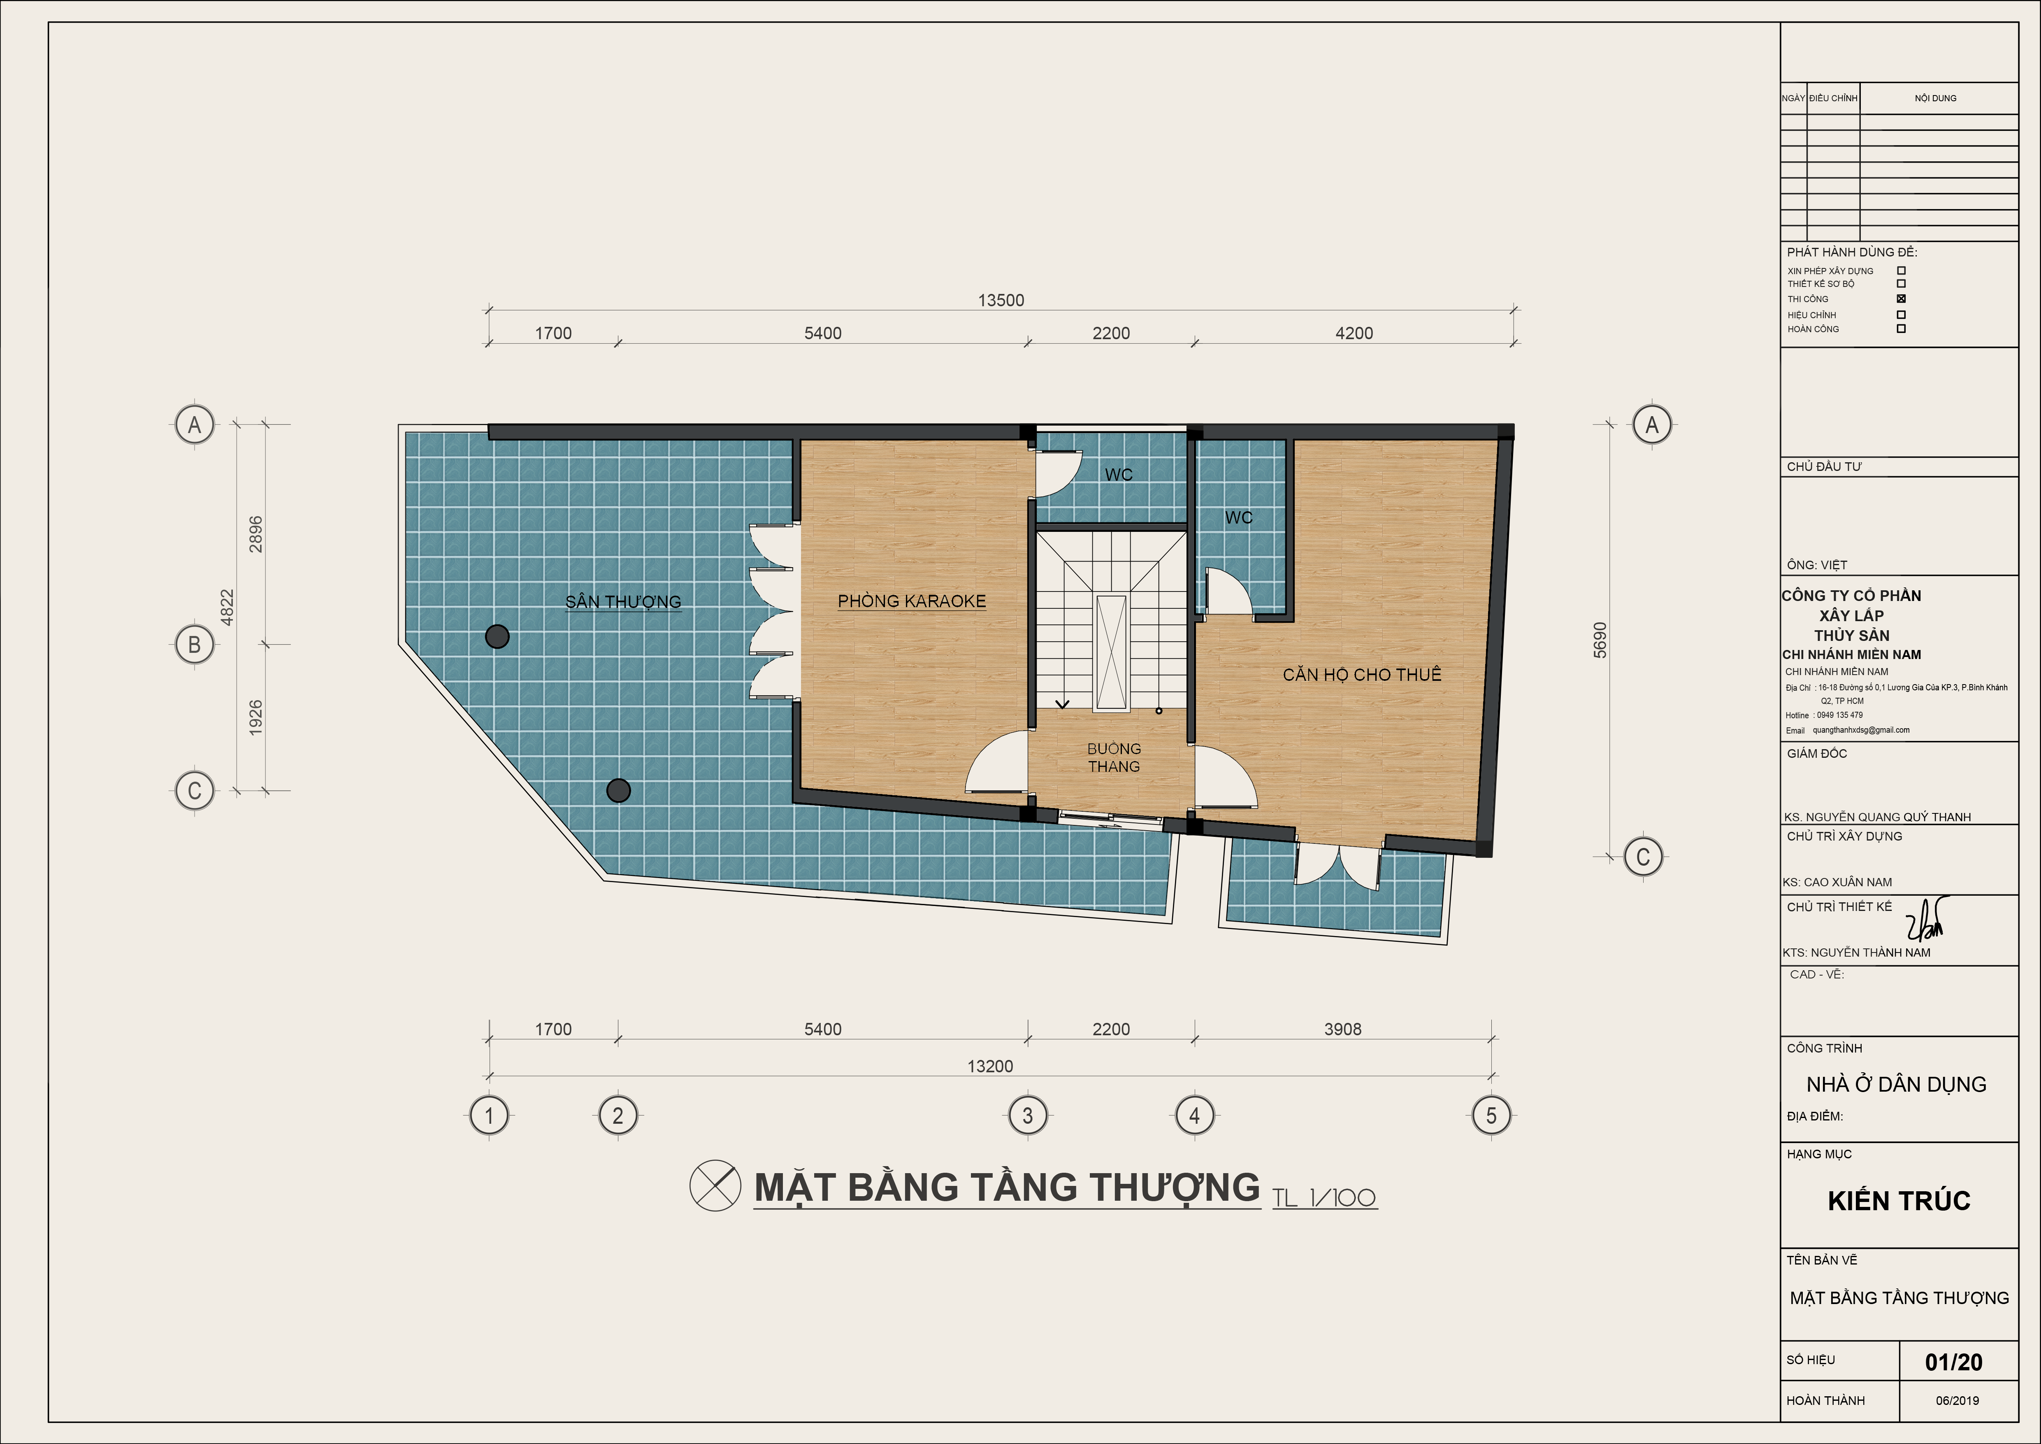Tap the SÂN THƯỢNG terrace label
pyautogui.click(x=623, y=602)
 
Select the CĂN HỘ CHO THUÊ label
pyautogui.click(x=1361, y=675)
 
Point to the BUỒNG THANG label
pyautogui.click(x=1114, y=757)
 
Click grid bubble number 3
pyautogui.click(x=1028, y=1115)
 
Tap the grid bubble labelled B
pyautogui.click(x=195, y=645)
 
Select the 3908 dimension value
pyautogui.click(x=1342, y=1029)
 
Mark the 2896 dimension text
pyautogui.click(x=256, y=534)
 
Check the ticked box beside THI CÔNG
pyautogui.click(x=1902, y=299)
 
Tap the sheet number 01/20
pyautogui.click(x=1954, y=1362)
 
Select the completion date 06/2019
pyautogui.click(x=1957, y=1400)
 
